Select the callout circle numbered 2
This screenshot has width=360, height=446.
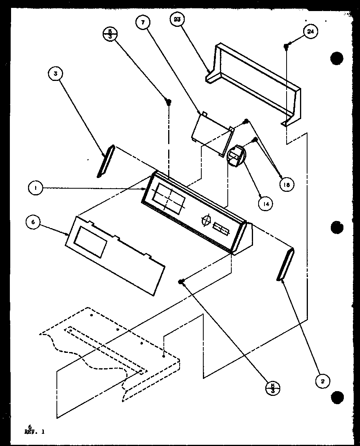[323, 381]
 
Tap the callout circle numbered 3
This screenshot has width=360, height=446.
[56, 73]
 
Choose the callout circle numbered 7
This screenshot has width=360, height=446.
[142, 23]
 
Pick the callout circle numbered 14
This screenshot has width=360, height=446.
[265, 204]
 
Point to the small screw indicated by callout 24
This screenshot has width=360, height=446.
[285, 47]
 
